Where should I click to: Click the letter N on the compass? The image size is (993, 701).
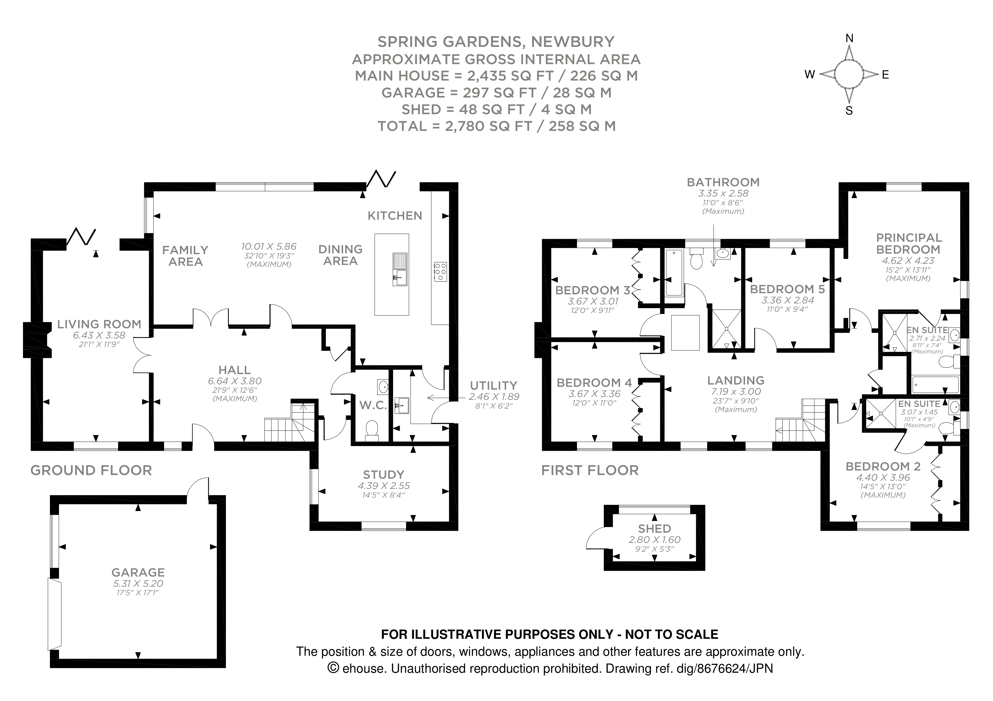point(849,39)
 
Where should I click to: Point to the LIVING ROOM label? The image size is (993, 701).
point(99,324)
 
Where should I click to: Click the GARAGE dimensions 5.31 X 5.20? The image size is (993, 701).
point(138,583)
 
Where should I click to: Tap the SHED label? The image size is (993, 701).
point(654,529)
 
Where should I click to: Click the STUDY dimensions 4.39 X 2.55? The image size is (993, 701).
point(384,486)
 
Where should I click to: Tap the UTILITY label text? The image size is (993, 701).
point(493,385)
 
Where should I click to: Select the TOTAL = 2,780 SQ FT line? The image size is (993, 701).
point(496,126)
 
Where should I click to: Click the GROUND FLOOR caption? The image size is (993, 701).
point(91,470)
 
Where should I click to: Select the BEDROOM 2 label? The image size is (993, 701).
point(883,466)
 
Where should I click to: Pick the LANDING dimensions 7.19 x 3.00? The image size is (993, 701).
point(736,391)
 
